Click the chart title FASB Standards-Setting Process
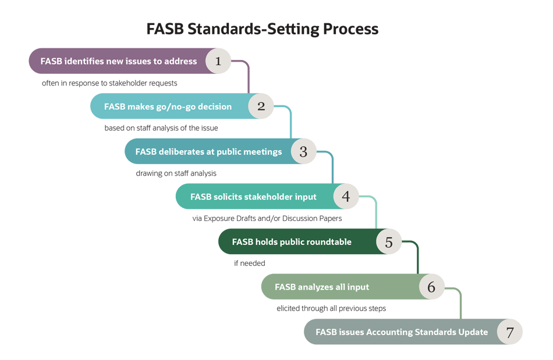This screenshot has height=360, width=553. (x=262, y=29)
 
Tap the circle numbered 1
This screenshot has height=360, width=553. (x=218, y=61)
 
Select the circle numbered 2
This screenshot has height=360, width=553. (x=261, y=106)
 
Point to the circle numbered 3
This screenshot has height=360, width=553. (x=303, y=152)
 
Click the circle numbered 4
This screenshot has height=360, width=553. (x=346, y=197)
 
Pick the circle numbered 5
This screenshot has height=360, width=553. (x=389, y=242)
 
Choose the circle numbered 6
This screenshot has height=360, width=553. (x=431, y=287)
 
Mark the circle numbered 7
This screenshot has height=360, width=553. (x=510, y=333)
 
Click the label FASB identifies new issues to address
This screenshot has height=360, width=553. (x=119, y=61)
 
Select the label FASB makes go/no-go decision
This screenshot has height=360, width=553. (x=168, y=106)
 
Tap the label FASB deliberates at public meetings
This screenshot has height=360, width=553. (x=208, y=152)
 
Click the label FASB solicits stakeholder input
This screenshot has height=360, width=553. (x=253, y=197)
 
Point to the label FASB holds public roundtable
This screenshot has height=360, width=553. (x=292, y=242)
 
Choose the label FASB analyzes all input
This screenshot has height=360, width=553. (x=322, y=287)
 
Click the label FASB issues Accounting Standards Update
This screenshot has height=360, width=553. (x=402, y=333)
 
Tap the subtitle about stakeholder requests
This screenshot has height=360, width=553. (x=109, y=83)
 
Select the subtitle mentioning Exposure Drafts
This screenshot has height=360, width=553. (x=267, y=219)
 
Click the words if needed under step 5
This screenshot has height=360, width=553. (x=249, y=263)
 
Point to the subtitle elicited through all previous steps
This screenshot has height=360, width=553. (x=331, y=308)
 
